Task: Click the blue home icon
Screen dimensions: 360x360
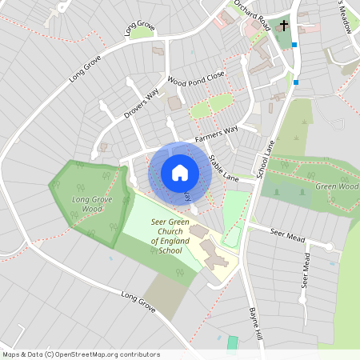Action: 180,173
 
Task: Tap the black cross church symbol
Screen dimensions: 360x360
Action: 283,26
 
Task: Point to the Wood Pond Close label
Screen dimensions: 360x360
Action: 196,81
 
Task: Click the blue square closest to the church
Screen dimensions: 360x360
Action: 295,45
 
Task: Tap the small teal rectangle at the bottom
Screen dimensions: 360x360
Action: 232,342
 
